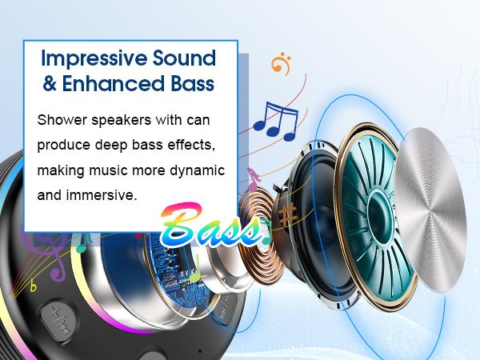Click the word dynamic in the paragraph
tap(193, 171)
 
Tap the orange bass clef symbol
tap(279, 63)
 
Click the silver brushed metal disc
tap(430, 204)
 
